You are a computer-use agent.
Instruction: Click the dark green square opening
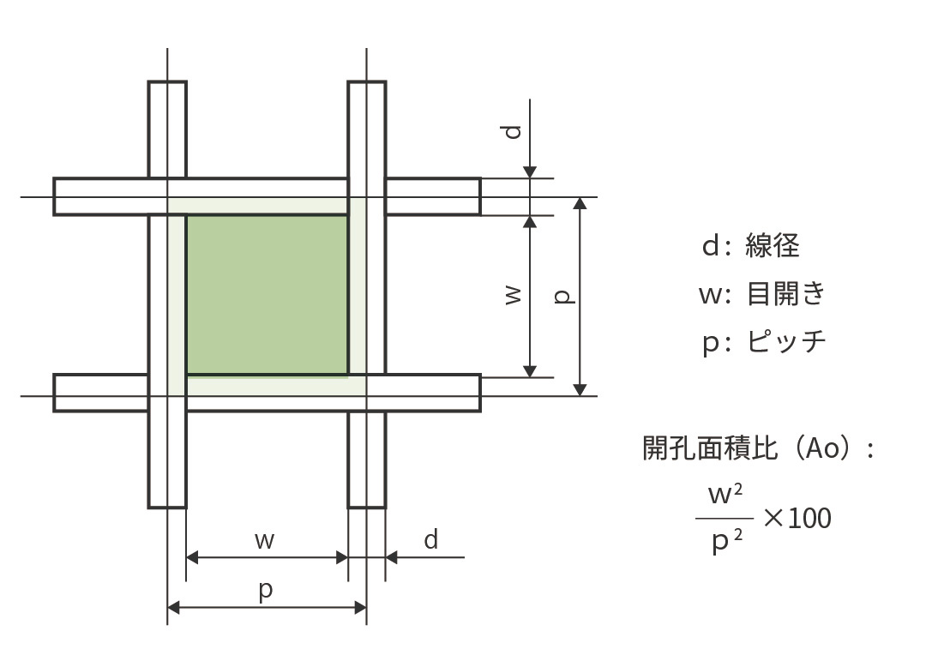[267, 294]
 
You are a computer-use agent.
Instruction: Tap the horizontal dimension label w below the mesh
[265, 540]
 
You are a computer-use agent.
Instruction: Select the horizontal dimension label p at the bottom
[266, 591]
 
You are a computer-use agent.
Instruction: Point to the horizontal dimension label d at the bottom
[431, 539]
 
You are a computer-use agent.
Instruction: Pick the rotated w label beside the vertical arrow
[513, 296]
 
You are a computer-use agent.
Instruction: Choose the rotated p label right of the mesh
[563, 296]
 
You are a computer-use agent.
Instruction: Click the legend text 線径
[773, 246]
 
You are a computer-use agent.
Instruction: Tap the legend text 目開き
[785, 294]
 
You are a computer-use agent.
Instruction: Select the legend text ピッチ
[785, 342]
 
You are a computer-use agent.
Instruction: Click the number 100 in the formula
[809, 519]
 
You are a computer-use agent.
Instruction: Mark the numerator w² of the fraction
[725, 496]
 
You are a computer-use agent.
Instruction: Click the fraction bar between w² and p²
[725, 519]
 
